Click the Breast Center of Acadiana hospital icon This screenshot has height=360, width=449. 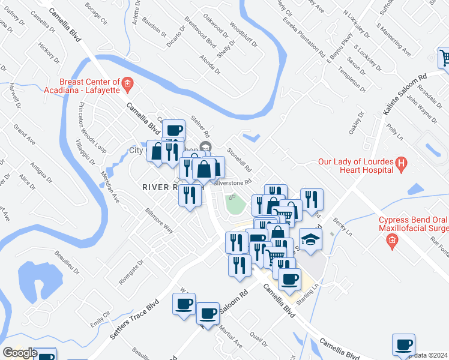(127, 83)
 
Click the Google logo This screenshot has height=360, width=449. (19, 353)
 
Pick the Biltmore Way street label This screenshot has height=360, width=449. (159, 221)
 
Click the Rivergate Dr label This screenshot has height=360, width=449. (131, 272)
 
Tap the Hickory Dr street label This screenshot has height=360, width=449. (49, 52)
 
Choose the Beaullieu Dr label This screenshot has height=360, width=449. (66, 262)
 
